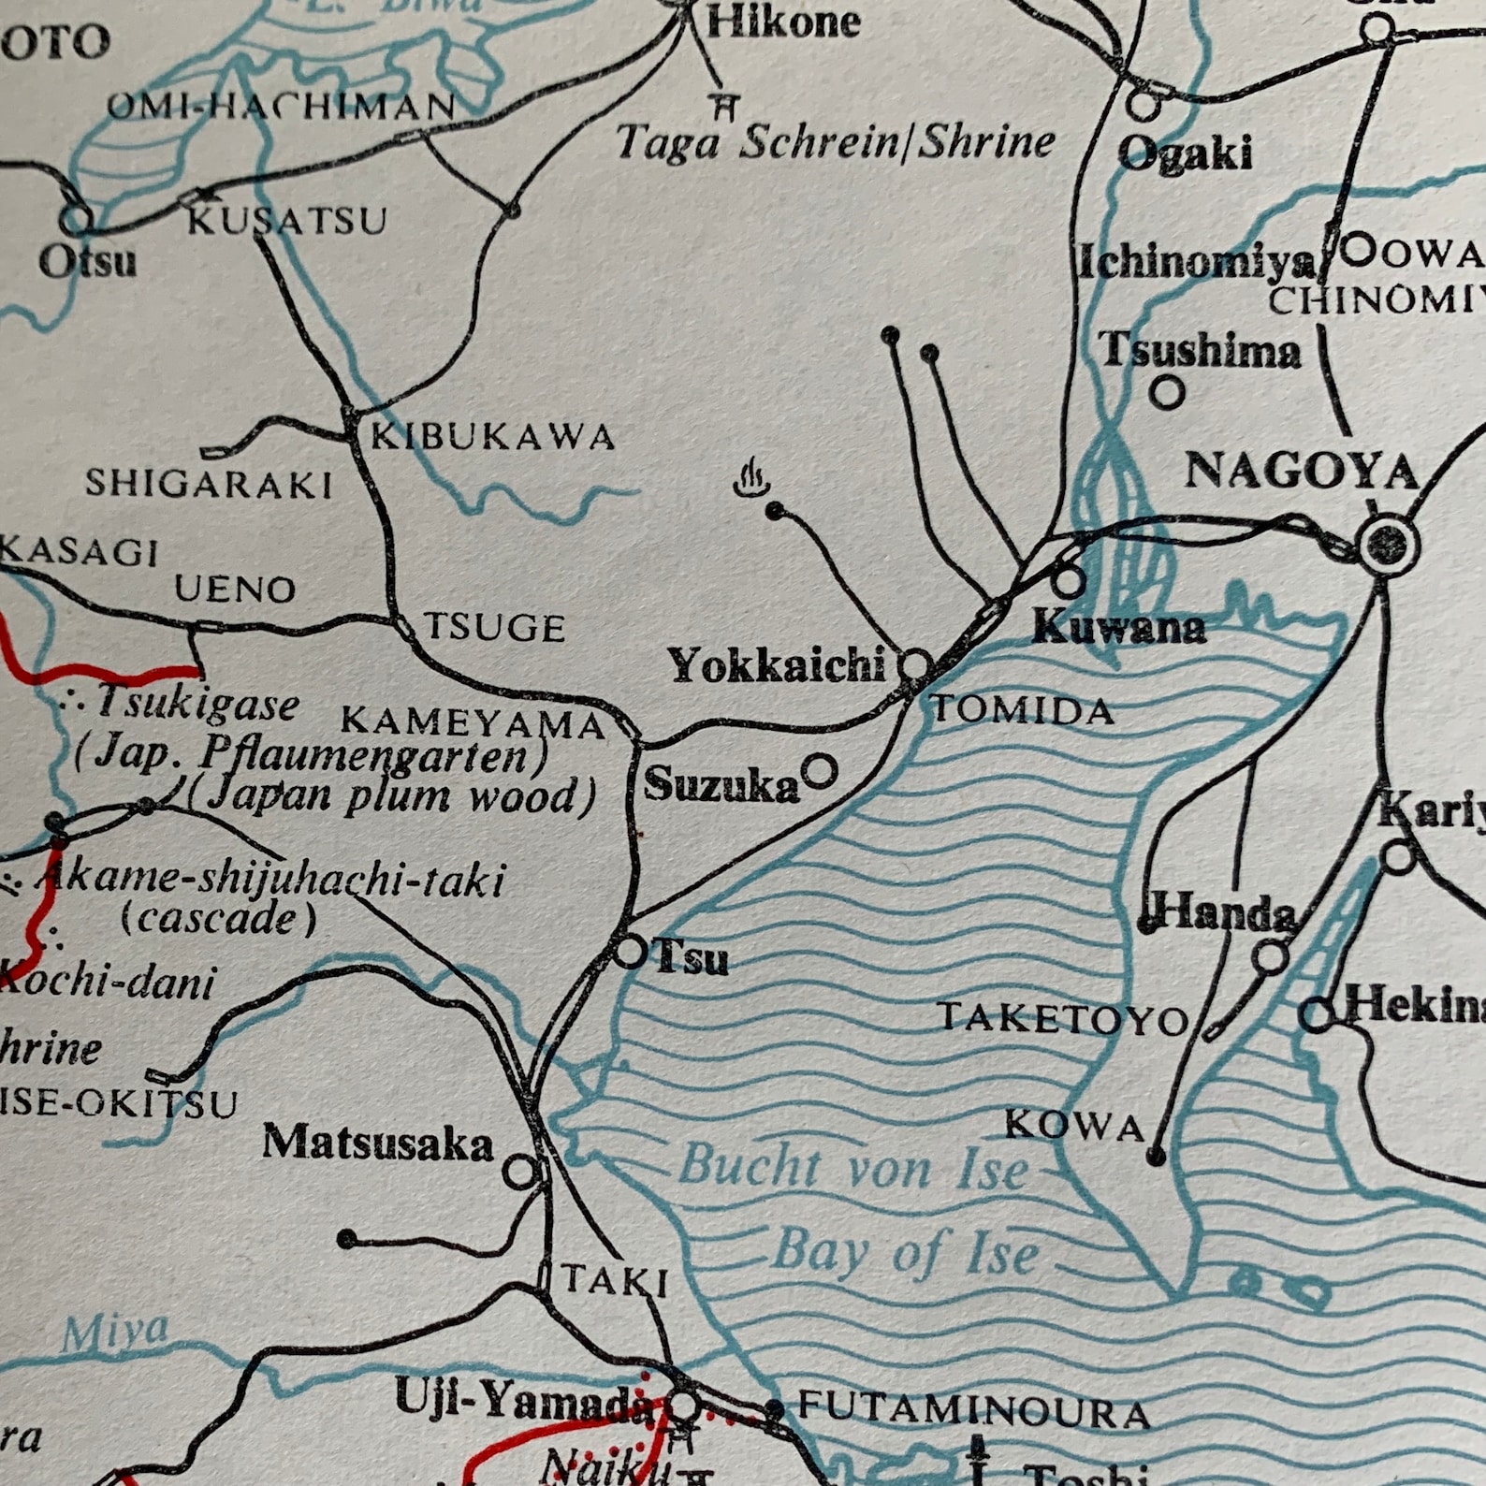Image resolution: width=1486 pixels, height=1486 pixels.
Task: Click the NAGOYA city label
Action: pyautogui.click(x=1302, y=471)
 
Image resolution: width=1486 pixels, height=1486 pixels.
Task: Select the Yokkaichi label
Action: pyautogui.click(x=777, y=665)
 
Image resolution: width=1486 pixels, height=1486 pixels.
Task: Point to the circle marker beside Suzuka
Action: pyautogui.click(x=821, y=771)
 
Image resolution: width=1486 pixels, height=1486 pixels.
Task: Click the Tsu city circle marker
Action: pyautogui.click(x=631, y=952)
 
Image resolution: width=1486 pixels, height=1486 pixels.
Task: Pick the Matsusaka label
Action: pyautogui.click(x=377, y=1143)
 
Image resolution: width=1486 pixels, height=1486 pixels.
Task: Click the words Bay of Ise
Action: pyautogui.click(x=906, y=1252)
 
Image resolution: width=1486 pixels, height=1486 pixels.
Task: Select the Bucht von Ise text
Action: pyautogui.click(x=852, y=1167)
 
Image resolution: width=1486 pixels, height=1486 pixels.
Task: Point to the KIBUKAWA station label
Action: pyautogui.click(x=493, y=437)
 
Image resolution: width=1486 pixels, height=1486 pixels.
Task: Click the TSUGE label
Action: pyautogui.click(x=496, y=627)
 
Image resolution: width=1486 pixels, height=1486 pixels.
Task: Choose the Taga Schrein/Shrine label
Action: pyautogui.click(x=836, y=142)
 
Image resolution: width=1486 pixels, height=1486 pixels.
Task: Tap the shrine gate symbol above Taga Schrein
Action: pyautogui.click(x=722, y=106)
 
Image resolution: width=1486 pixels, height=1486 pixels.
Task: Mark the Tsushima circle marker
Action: pyautogui.click(x=1167, y=392)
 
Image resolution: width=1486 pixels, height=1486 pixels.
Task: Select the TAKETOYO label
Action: pyautogui.click(x=1064, y=1018)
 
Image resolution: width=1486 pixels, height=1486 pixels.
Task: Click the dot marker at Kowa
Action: pyautogui.click(x=1157, y=1158)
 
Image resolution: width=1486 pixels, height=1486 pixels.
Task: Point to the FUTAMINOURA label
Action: pyautogui.click(x=973, y=1409)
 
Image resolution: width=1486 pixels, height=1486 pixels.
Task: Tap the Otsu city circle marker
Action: pyautogui.click(x=77, y=220)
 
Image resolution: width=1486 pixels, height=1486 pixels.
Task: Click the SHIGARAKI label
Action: pyautogui.click(x=210, y=484)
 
